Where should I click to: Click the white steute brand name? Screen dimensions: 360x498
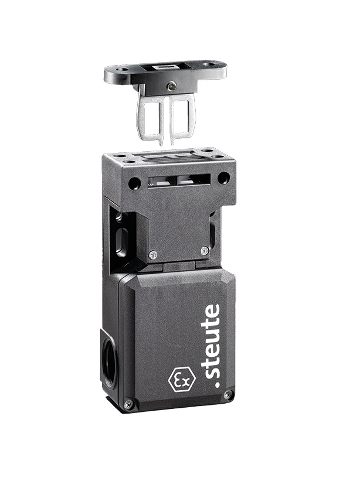pyautogui.click(x=212, y=346)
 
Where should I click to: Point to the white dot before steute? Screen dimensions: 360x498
pyautogui.click(x=218, y=386)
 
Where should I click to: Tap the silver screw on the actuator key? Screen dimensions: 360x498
pyautogui.click(x=172, y=84)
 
